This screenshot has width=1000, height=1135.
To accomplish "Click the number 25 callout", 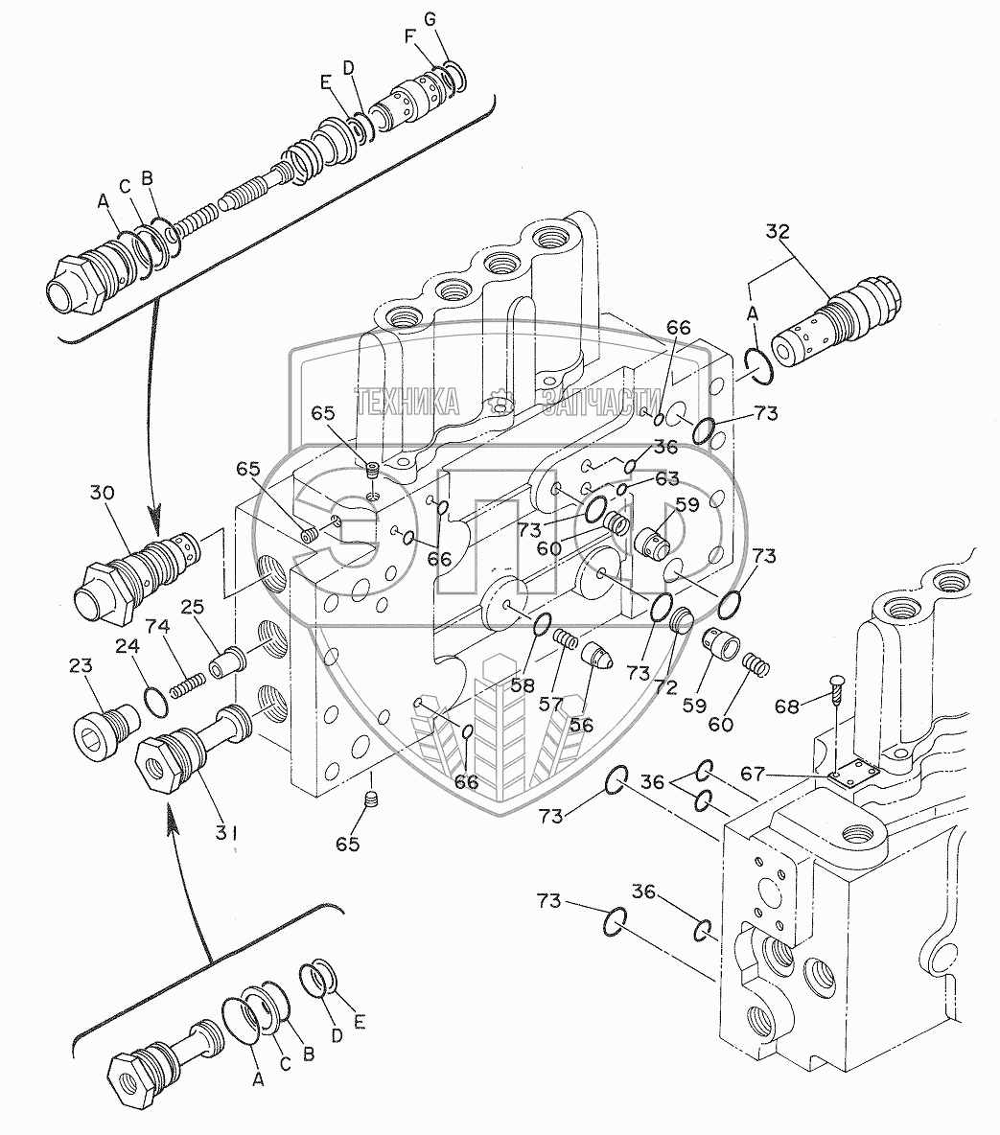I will (193, 609).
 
